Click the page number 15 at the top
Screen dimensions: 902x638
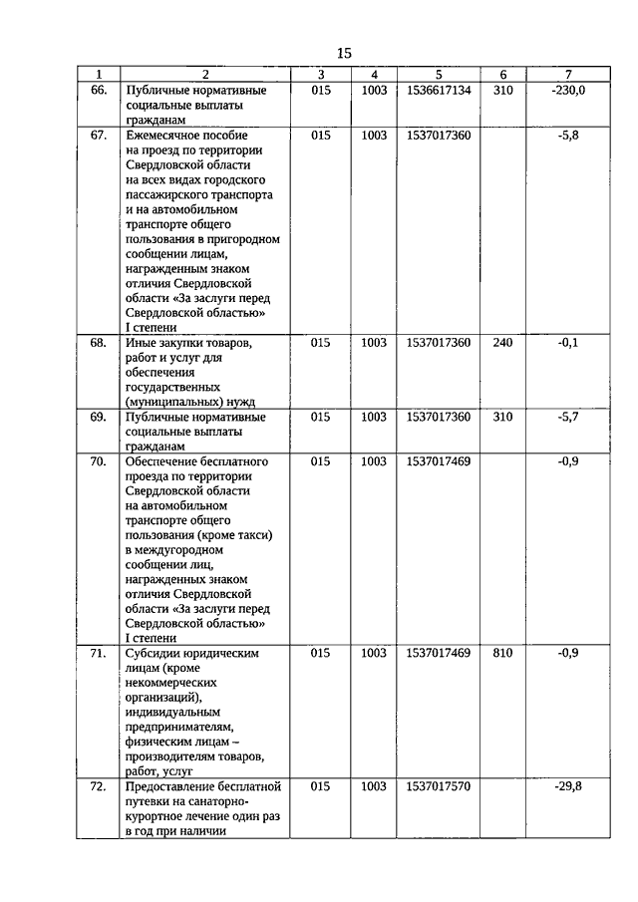[344, 53]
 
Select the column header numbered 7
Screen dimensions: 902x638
[567, 75]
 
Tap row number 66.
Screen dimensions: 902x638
[98, 90]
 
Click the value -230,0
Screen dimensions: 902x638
[567, 90]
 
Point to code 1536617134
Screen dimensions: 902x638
[439, 90]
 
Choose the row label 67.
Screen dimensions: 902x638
[98, 135]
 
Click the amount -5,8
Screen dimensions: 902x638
[568, 135]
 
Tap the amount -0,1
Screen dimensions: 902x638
[568, 342]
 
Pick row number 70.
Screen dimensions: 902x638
[98, 461]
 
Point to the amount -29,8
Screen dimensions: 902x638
[567, 786]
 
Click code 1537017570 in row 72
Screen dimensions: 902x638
[439, 786]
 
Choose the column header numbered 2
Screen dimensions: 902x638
[204, 75]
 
